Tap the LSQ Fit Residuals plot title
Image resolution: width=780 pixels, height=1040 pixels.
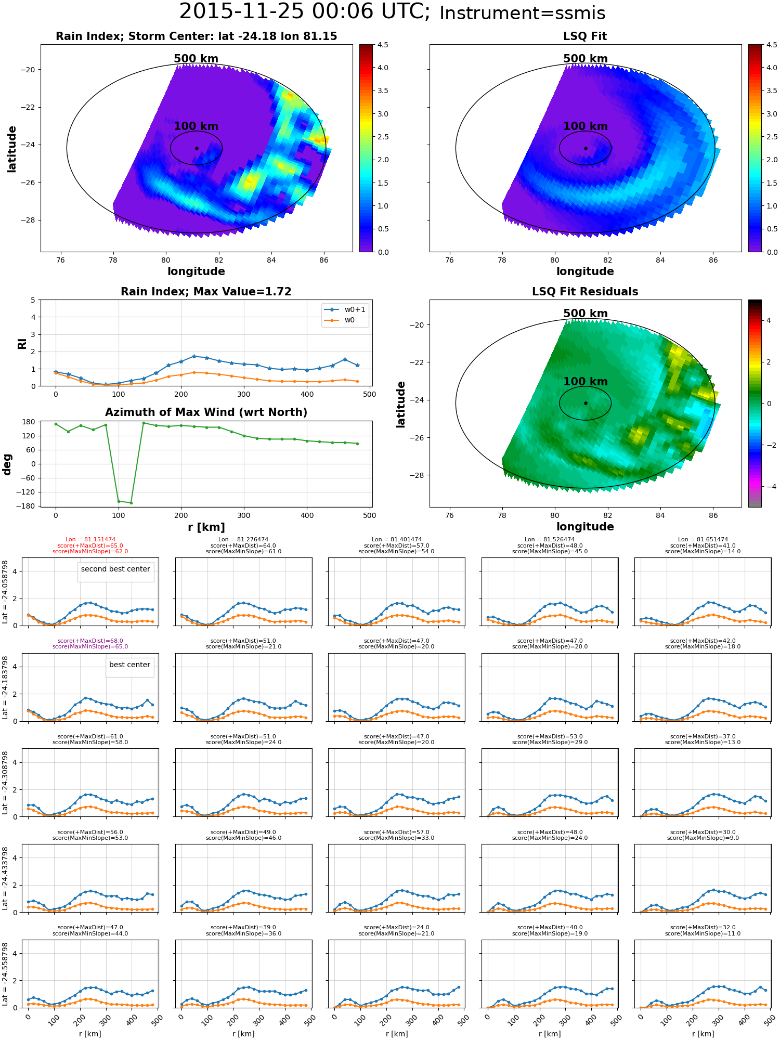click(585, 292)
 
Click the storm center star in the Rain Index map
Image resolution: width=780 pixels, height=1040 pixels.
click(197, 148)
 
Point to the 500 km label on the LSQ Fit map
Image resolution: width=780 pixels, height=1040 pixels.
click(586, 59)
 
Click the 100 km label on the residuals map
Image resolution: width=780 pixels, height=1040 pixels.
click(586, 381)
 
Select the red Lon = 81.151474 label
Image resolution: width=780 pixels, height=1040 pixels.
click(90, 540)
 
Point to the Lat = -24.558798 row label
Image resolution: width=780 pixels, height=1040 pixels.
click(5, 974)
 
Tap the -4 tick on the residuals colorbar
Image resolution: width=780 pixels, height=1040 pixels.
click(769, 487)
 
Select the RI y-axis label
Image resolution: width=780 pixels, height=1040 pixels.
click(22, 344)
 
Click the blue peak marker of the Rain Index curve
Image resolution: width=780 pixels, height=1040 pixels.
click(194, 356)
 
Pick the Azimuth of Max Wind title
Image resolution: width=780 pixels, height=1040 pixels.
click(206, 412)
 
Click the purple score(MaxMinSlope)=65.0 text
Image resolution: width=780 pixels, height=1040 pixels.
click(90, 647)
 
